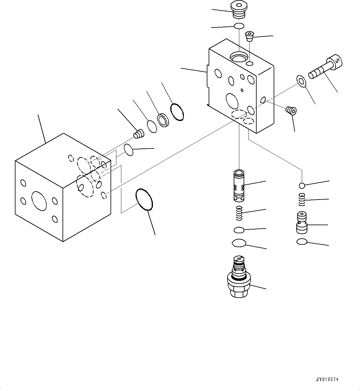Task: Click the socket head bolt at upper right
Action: pyautogui.click(x=325, y=67)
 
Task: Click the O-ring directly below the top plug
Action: pyautogui.click(x=239, y=26)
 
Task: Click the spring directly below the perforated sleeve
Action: pyautogui.click(x=239, y=213)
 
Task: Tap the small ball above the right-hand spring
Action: pyautogui.click(x=302, y=185)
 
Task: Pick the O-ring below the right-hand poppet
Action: pyautogui.click(x=301, y=242)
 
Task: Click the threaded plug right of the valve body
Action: pyautogui.click(x=291, y=110)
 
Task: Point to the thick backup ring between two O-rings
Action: pyautogui.click(x=163, y=120)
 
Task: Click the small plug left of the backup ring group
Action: pyautogui.click(x=139, y=134)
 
